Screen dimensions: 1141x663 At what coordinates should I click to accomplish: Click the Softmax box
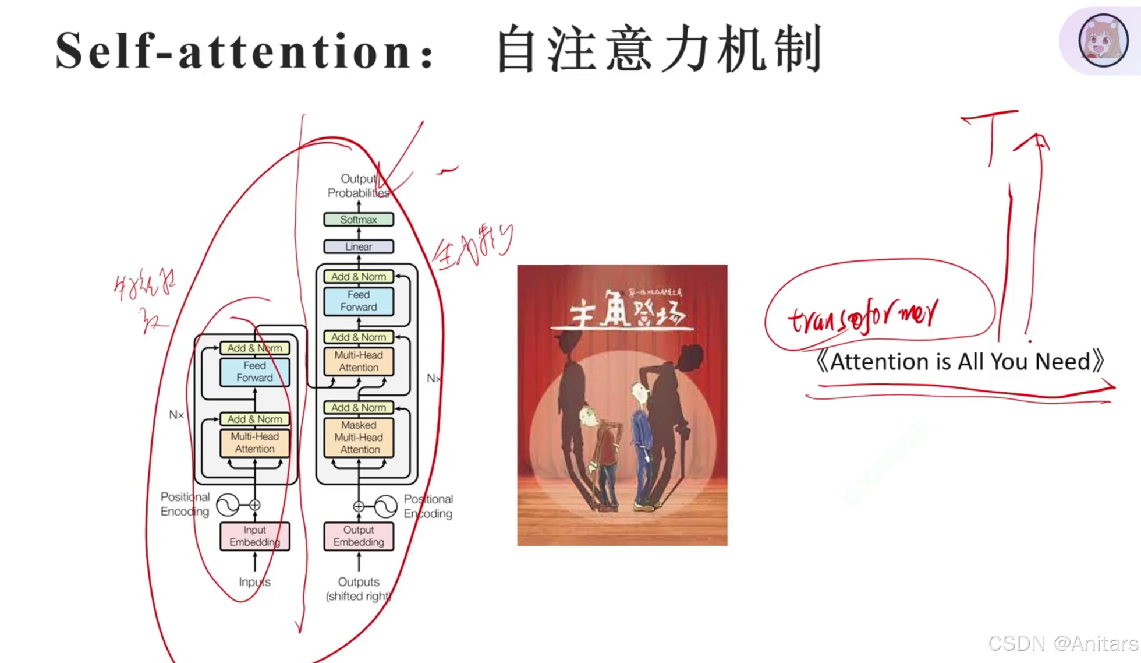[x=359, y=220]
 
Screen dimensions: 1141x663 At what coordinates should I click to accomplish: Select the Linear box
[x=359, y=246]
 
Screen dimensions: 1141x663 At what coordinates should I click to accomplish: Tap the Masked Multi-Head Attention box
[x=359, y=437]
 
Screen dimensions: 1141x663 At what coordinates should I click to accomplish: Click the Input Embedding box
[x=254, y=536]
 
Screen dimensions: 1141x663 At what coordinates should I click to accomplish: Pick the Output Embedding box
[x=359, y=536]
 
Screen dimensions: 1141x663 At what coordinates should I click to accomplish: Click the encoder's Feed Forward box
[x=254, y=372]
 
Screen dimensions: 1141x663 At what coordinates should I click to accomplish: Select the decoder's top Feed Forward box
[x=359, y=301]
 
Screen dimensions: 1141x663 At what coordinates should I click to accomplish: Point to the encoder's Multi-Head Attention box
[x=254, y=443]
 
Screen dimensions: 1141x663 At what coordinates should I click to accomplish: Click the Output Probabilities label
[x=357, y=186]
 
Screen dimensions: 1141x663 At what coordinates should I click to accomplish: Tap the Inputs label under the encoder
[x=254, y=581]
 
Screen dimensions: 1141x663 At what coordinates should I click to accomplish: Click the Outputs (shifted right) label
[x=359, y=588]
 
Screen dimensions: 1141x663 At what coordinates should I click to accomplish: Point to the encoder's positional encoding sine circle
[x=228, y=505]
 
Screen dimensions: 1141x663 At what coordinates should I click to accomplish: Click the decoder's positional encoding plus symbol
[x=359, y=506]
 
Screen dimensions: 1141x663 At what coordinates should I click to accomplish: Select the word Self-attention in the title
[x=233, y=51]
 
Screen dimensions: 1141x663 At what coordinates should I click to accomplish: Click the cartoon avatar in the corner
[x=1103, y=40]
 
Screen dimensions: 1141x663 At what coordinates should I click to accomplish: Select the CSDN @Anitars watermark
[x=1062, y=643]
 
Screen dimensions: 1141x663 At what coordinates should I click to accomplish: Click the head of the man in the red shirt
[x=589, y=416]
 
